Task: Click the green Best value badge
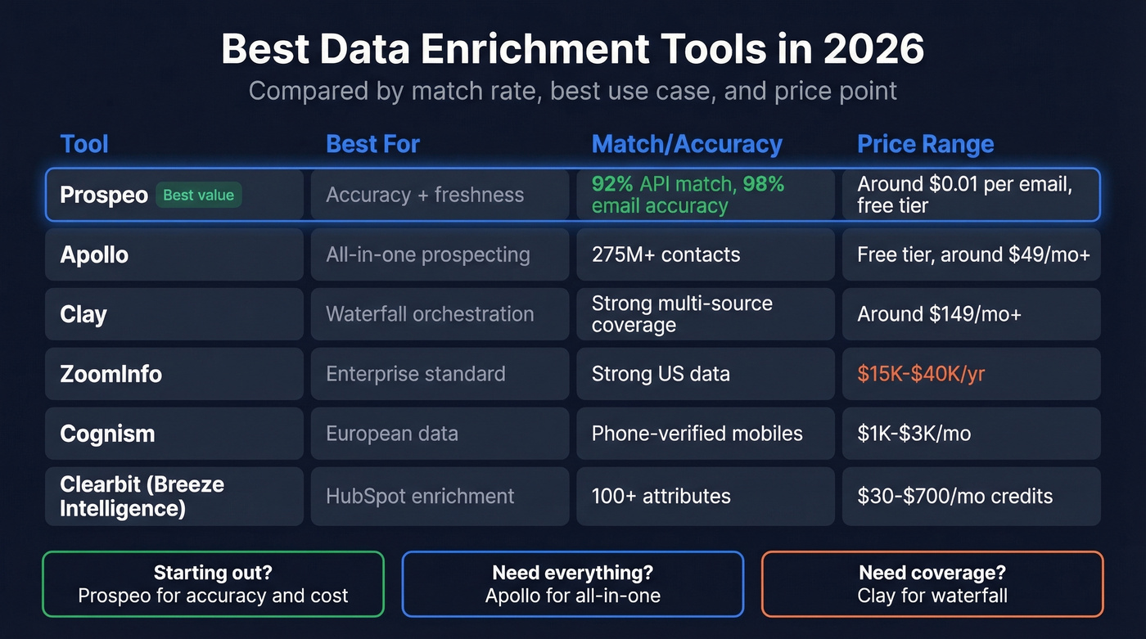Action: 198,195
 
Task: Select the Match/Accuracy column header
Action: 687,144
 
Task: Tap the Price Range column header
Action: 925,144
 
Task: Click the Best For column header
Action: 372,144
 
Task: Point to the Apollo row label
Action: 94,254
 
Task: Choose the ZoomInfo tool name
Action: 111,374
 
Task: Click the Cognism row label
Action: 107,434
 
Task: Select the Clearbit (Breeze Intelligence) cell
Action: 142,496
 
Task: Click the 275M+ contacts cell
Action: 665,254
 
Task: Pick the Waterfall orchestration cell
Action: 430,314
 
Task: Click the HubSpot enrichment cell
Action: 420,496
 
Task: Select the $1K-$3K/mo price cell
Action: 914,434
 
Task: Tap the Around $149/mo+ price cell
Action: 939,314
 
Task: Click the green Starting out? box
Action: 213,584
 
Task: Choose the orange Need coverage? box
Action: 932,584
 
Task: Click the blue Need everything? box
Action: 572,584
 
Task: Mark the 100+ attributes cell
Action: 661,496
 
